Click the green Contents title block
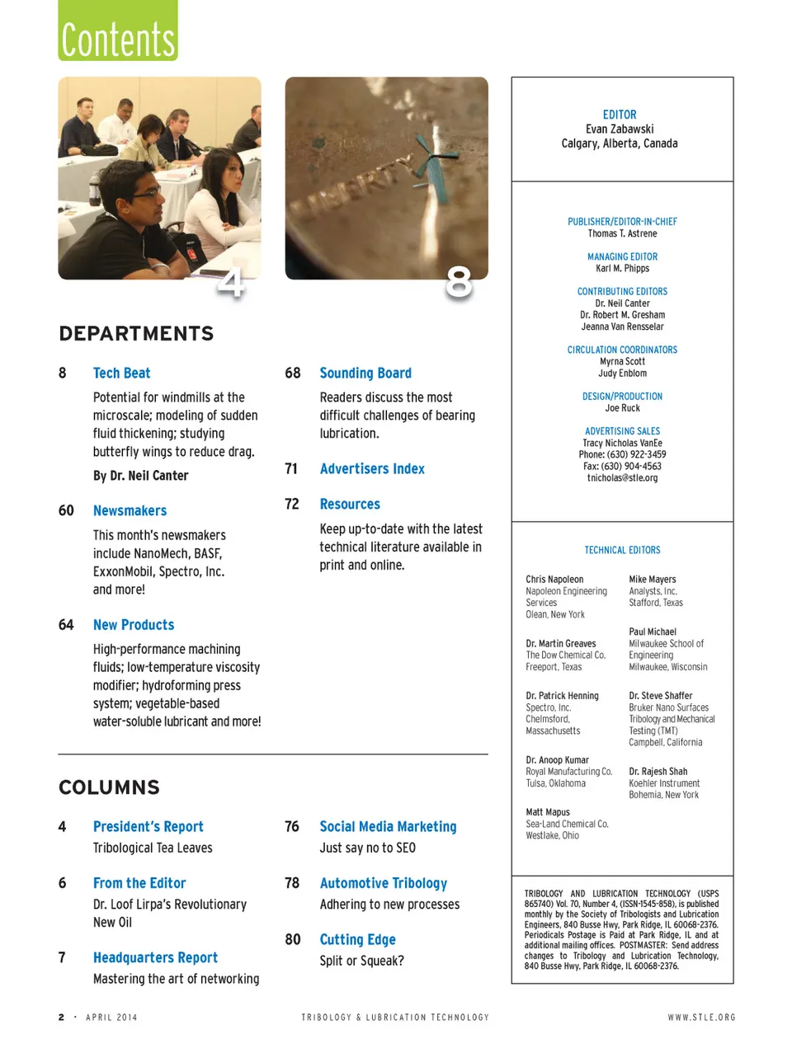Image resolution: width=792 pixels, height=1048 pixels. point(118,31)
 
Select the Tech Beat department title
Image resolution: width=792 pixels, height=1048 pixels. point(121,373)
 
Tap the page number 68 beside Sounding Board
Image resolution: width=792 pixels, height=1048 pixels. point(293,373)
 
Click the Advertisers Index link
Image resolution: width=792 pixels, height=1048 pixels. point(372,468)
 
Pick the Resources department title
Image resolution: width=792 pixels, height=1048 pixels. point(350,504)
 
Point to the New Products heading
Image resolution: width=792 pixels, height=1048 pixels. point(134,625)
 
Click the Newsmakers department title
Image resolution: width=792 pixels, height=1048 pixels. point(130,510)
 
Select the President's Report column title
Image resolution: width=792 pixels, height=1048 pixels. point(148,826)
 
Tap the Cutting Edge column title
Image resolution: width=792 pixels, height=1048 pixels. point(357,939)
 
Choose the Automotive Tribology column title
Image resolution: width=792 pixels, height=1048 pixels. point(383,883)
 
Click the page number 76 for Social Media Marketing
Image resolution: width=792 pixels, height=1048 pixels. point(292,826)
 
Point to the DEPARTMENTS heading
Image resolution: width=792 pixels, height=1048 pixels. point(136,333)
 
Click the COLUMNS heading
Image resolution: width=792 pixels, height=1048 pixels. point(109,787)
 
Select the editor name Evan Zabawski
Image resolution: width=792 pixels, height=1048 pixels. point(620,129)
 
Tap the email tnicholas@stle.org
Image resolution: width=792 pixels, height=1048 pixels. point(622,477)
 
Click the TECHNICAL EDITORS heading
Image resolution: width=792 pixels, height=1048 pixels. point(622,550)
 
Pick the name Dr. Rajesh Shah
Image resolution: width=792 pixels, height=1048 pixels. point(658,772)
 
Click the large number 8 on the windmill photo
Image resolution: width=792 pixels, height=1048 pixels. point(459,282)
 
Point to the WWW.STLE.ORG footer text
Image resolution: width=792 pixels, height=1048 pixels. point(701,1017)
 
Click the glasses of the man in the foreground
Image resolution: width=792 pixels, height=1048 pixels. point(147,193)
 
